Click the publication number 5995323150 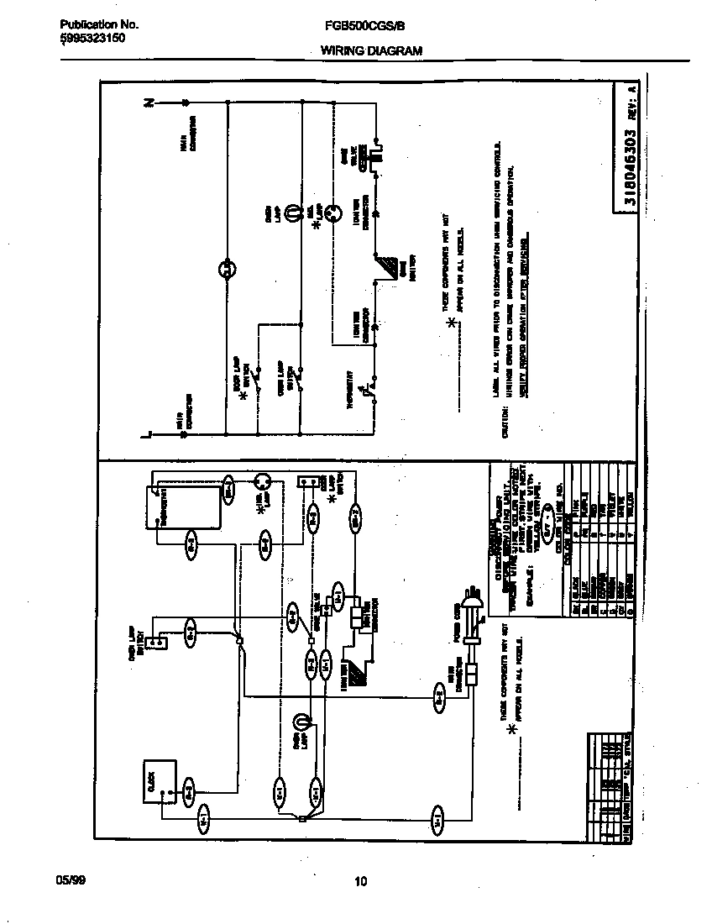pyautogui.click(x=93, y=39)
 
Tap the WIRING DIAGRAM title pyautogui.click(x=371, y=50)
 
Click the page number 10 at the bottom pyautogui.click(x=360, y=881)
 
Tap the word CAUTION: pyautogui.click(x=505, y=423)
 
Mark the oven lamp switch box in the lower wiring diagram pyautogui.click(x=155, y=643)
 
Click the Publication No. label pyautogui.click(x=99, y=25)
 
